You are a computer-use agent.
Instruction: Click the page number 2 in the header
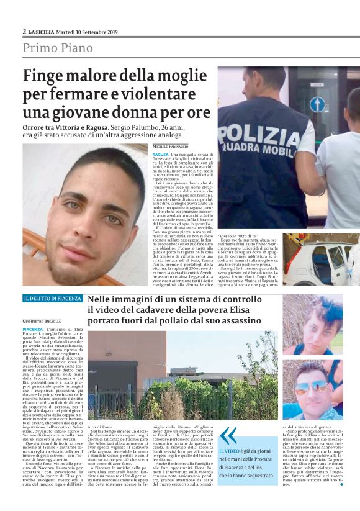(x=24, y=31)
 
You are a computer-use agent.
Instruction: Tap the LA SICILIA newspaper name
(x=42, y=32)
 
